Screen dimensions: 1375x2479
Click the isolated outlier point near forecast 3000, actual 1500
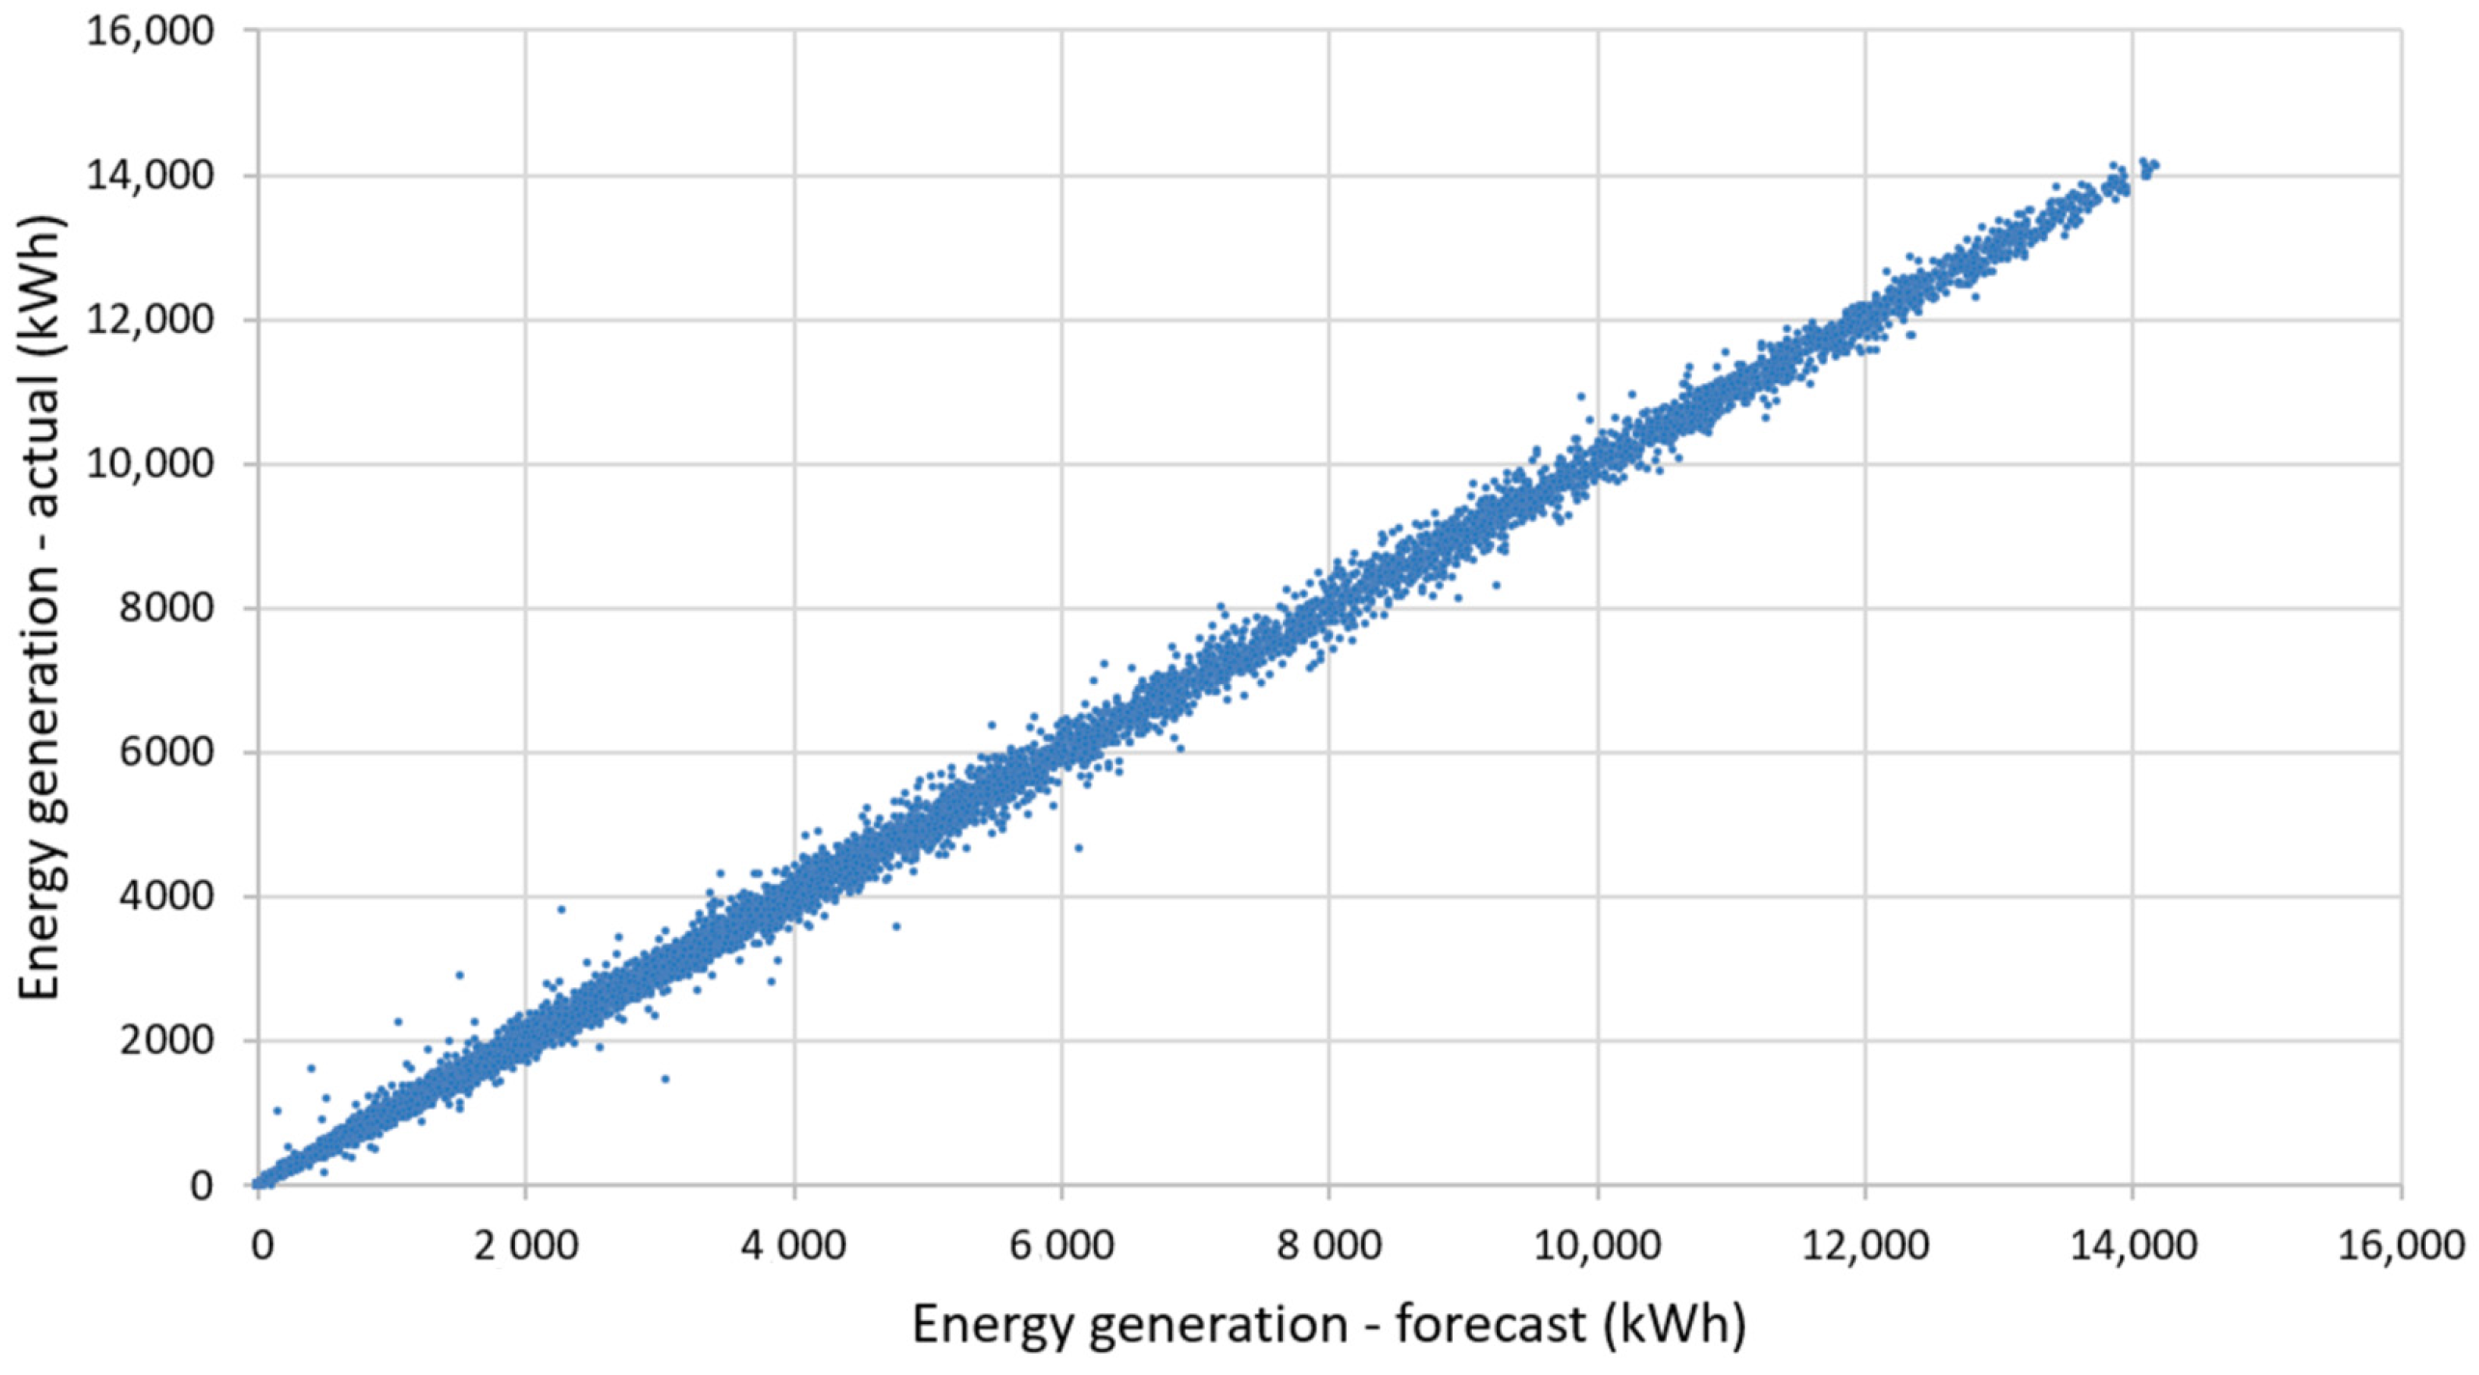point(665,1079)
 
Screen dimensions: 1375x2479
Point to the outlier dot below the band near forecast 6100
point(1078,848)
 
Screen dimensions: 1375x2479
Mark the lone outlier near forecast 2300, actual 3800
point(560,909)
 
